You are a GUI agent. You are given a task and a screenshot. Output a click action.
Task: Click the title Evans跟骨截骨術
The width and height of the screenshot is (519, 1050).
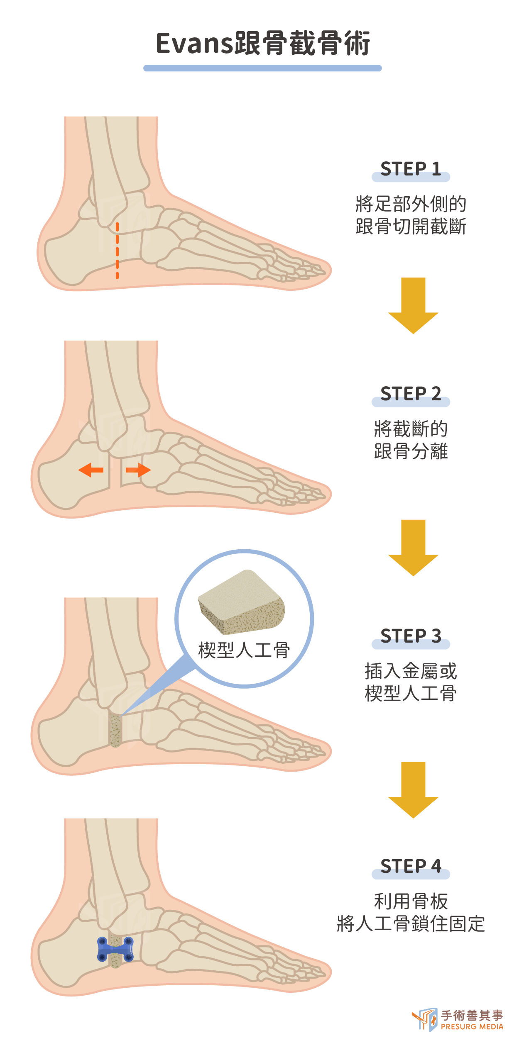tap(262, 43)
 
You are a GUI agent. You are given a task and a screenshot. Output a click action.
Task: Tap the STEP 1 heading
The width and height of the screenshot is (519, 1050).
tap(411, 169)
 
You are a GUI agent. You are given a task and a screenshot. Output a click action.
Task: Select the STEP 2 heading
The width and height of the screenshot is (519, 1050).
tap(411, 394)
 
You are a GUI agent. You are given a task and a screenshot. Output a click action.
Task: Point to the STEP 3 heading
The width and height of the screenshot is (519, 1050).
tap(411, 636)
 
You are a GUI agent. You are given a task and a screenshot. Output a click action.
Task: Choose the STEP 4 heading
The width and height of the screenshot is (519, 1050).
tap(411, 866)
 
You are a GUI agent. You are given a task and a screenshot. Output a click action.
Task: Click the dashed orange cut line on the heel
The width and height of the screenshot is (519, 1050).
tap(117, 251)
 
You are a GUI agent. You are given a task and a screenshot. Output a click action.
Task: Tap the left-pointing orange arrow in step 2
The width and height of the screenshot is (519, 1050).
tap(91, 470)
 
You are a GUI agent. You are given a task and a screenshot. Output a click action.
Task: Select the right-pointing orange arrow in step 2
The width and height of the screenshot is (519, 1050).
tap(138, 470)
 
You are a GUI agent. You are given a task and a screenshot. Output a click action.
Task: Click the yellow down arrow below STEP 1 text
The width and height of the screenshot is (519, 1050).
tap(413, 306)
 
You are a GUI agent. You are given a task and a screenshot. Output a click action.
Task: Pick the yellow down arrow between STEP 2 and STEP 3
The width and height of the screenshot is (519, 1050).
tap(413, 548)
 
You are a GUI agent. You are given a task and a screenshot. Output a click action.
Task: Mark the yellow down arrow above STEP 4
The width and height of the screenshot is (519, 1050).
tap(413, 790)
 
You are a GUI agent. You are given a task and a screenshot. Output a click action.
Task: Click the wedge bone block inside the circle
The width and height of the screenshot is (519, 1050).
tap(242, 602)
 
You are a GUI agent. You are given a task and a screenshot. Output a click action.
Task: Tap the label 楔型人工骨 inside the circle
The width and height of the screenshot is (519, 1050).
tap(244, 650)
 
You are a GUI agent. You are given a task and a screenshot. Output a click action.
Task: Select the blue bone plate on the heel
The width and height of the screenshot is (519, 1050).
tap(115, 949)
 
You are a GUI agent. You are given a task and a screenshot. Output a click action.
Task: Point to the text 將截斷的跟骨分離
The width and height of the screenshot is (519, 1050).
tap(411, 440)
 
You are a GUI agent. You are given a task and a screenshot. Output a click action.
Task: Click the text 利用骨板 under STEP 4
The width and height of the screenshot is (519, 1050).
tap(411, 901)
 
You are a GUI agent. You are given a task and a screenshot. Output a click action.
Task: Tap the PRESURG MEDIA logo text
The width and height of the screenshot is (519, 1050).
tap(472, 1026)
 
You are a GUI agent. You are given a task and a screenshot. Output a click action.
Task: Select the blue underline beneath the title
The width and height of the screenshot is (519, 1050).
tap(262, 68)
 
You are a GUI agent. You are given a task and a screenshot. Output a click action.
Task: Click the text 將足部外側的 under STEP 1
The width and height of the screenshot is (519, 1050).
tap(411, 204)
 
